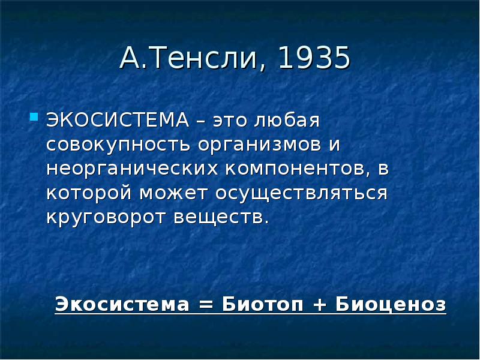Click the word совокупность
pos(118,145)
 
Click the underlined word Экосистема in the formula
pos(122,304)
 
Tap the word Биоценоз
pos(391,304)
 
